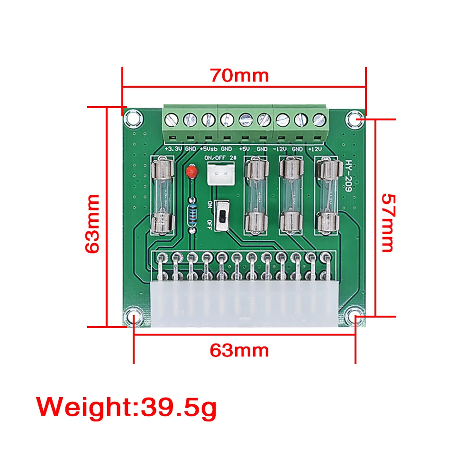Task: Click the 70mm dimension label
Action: tap(240, 75)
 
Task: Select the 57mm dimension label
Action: tap(388, 222)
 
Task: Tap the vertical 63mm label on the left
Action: tap(93, 223)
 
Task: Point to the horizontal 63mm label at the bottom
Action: tap(239, 350)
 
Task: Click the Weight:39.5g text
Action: tap(127, 407)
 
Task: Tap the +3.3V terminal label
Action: tap(173, 149)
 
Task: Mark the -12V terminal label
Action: tap(281, 149)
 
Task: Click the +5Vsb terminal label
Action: tap(208, 149)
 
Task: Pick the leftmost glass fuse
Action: tap(162, 196)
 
